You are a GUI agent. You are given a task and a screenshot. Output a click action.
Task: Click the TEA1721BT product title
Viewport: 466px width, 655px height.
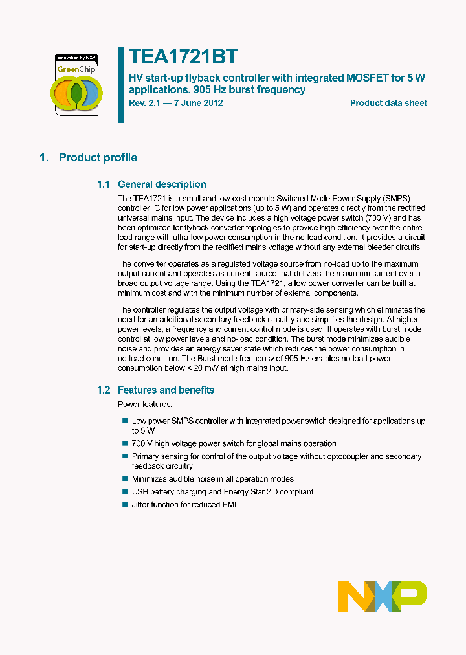coord(183,56)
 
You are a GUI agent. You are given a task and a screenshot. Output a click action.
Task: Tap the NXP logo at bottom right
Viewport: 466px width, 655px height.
coord(383,596)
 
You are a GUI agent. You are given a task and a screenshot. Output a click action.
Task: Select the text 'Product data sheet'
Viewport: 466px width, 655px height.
coord(388,104)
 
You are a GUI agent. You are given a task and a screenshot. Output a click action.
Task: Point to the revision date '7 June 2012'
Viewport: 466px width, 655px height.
coord(197,104)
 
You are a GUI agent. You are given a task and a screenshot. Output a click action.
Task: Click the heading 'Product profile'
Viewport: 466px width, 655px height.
coord(98,157)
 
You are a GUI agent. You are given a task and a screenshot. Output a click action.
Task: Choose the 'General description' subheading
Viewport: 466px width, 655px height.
coord(162,184)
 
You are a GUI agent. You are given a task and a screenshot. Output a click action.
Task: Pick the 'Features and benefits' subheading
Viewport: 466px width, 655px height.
coord(166,390)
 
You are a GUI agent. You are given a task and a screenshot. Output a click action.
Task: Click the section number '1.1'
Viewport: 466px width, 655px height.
coord(104,184)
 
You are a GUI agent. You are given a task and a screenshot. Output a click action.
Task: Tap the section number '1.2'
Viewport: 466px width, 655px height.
coord(104,390)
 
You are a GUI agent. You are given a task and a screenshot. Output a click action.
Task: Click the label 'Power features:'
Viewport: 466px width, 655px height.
coord(145,404)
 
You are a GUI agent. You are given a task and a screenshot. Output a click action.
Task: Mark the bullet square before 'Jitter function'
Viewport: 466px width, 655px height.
coord(125,504)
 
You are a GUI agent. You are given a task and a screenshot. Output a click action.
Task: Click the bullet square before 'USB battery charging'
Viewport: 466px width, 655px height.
coord(125,491)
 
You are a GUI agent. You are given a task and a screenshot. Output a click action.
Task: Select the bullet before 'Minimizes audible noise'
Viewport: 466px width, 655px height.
coord(125,479)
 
